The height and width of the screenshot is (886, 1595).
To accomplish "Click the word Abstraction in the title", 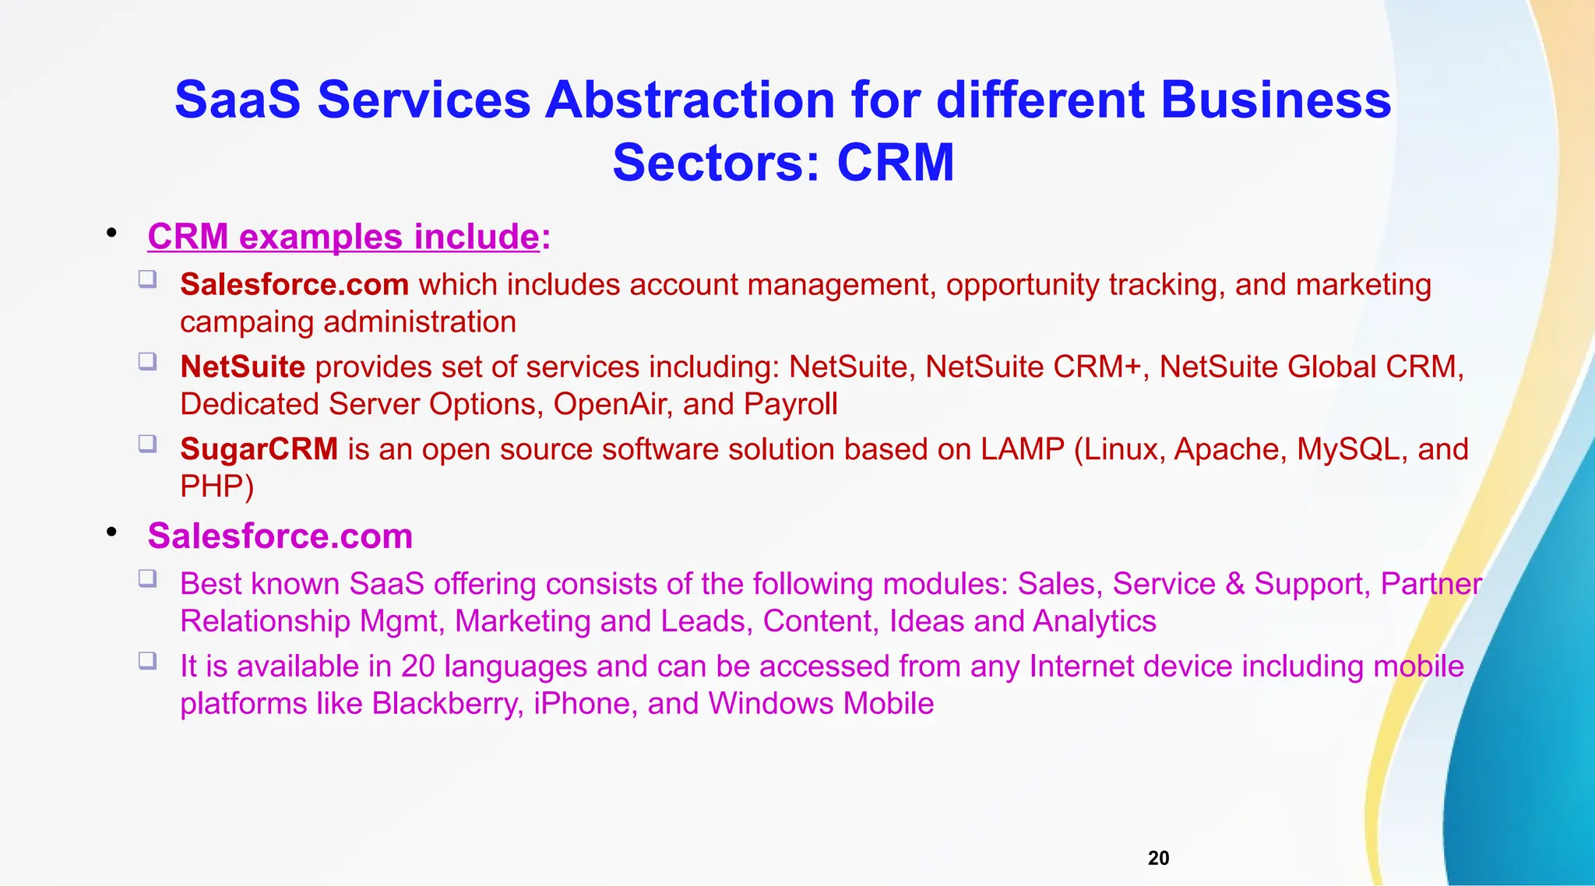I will pos(689,100).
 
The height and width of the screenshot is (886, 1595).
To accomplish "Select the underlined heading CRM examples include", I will pos(343,237).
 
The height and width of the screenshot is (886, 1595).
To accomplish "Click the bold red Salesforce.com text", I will pos(294,285).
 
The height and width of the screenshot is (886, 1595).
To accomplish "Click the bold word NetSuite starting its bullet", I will pos(242,367).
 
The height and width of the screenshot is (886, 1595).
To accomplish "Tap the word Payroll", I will pos(790,404).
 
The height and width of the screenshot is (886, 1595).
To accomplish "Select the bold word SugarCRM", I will pos(259,449).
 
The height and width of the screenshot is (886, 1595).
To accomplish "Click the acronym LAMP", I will pos(1022,449).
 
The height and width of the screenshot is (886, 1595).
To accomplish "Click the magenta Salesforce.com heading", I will pos(280,536).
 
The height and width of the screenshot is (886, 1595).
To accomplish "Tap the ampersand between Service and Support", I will pos(1235,584).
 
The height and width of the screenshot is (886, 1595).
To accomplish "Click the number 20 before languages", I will pos(418,666).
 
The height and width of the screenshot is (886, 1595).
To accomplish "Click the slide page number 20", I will pos(1158,858).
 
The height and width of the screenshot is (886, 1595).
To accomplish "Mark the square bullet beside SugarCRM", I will pos(148,444).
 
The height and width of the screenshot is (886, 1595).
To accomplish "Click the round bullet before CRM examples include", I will pos(112,233).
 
